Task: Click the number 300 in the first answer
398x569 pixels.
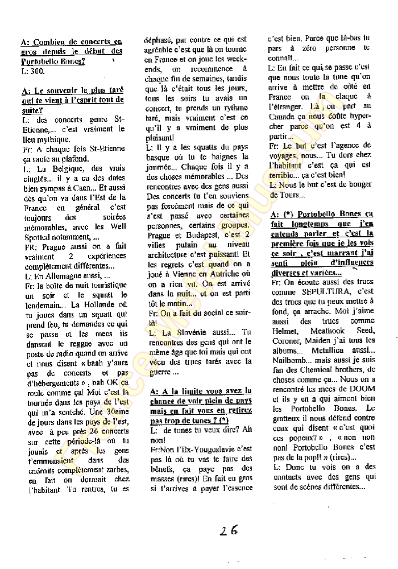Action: click(36, 72)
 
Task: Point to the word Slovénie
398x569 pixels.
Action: click(184, 332)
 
